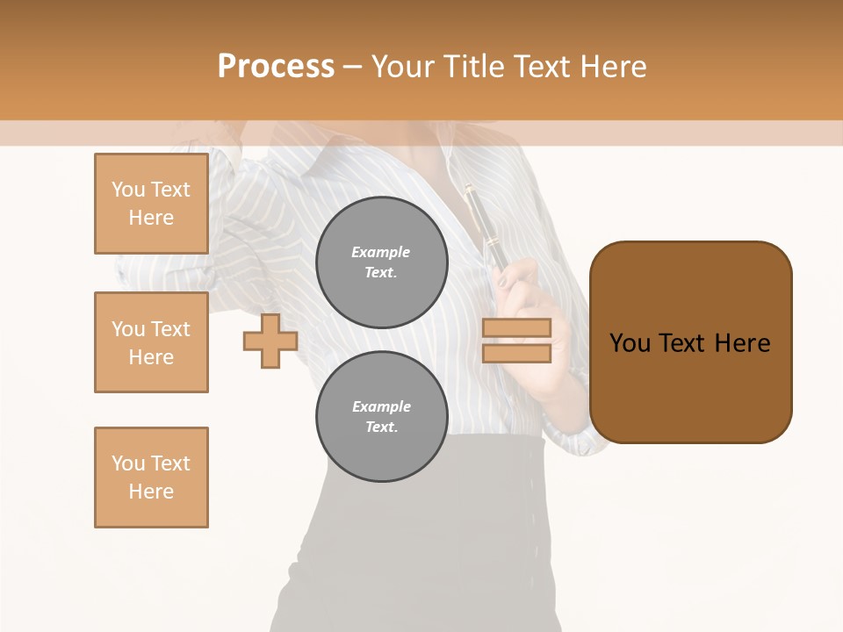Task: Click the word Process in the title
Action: click(276, 66)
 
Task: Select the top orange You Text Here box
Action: click(151, 204)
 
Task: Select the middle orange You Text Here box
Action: click(151, 342)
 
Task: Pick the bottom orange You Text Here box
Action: click(151, 478)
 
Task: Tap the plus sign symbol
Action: click(270, 341)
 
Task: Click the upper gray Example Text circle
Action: click(382, 262)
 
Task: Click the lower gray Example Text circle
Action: click(382, 417)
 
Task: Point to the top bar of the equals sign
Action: click(516, 328)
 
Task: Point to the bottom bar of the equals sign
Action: click(516, 354)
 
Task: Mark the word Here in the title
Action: click(612, 67)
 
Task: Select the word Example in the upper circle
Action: click(381, 252)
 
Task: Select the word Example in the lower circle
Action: click(381, 406)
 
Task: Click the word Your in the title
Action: click(405, 67)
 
